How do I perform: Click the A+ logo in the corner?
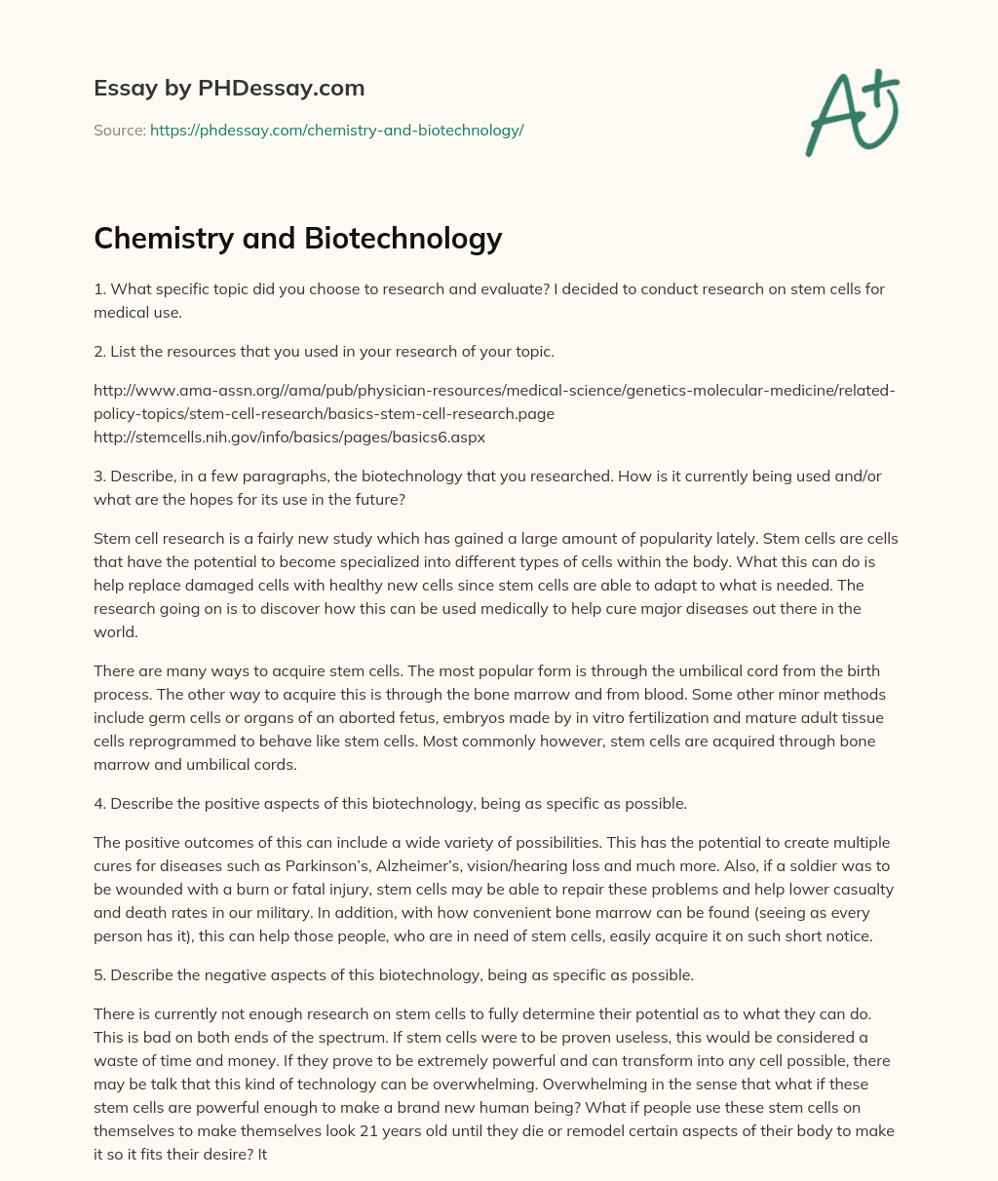click(851, 113)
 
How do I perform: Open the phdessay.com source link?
click(336, 130)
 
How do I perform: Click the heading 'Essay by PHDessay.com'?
click(229, 89)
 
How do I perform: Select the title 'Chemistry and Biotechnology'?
click(297, 238)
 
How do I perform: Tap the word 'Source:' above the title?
click(120, 130)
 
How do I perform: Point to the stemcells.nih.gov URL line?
click(289, 438)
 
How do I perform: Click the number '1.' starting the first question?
click(99, 288)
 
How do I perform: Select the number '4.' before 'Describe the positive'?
click(100, 804)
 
